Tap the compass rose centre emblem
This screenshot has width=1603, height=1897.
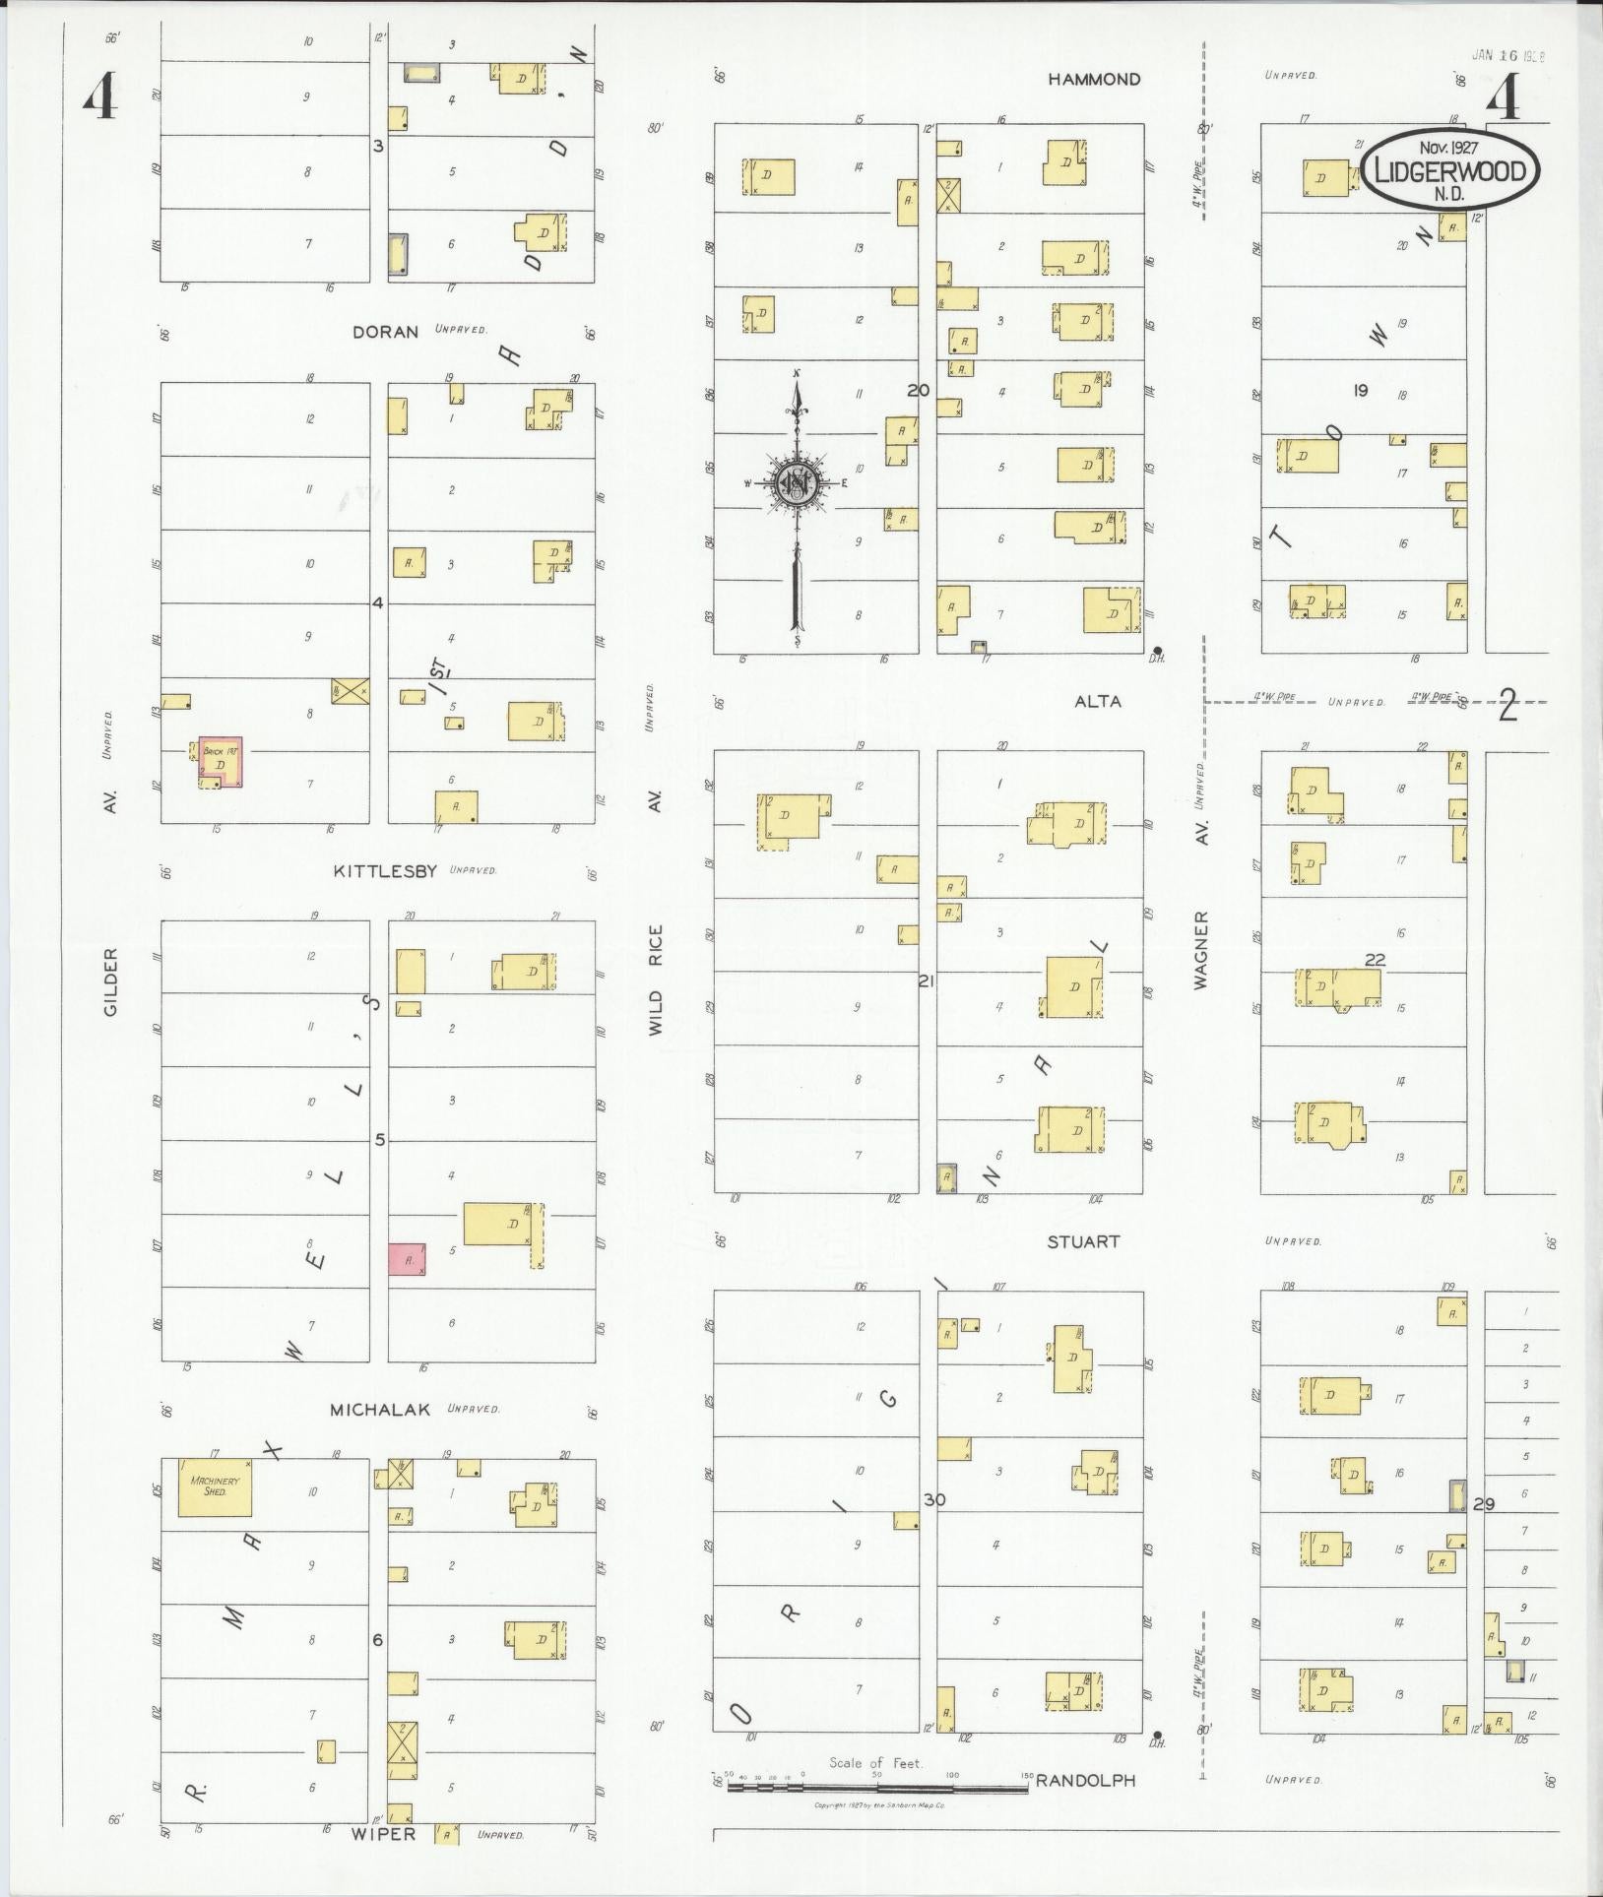coord(794,481)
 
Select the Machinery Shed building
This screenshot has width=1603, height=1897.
coord(214,1486)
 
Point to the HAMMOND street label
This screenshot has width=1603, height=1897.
coord(1094,80)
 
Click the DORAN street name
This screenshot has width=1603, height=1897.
coord(386,332)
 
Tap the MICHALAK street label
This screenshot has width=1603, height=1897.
coord(380,1410)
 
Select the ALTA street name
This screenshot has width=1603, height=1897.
coord(1098,702)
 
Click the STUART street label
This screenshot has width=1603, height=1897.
coord(1083,1241)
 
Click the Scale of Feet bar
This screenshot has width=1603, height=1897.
coord(876,1784)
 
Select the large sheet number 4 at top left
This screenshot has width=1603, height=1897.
coord(100,98)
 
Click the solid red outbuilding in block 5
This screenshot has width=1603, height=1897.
coord(407,1258)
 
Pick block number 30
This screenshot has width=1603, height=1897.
coord(934,1498)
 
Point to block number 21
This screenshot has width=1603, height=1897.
coord(926,980)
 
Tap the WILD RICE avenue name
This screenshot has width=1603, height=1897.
coord(656,979)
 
